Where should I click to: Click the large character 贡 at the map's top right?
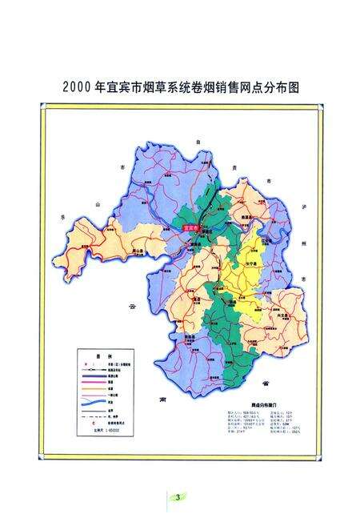click(x=234, y=168)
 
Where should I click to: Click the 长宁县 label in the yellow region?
click(x=250, y=264)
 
